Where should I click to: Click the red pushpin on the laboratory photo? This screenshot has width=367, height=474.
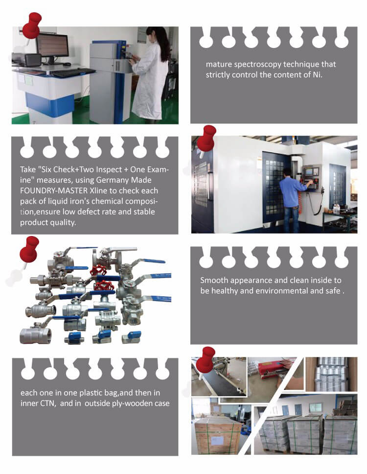click(x=31, y=25)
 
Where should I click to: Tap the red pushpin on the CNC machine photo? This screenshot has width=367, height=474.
click(x=206, y=138)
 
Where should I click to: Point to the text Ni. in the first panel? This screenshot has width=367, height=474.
click(x=317, y=74)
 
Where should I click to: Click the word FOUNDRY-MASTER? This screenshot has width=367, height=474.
click(x=54, y=191)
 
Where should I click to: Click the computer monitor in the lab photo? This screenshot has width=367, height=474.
click(x=52, y=46)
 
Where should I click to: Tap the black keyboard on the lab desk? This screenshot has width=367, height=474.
click(x=74, y=72)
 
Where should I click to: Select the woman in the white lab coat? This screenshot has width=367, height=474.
click(x=150, y=74)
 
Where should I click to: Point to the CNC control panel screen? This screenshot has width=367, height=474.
click(x=309, y=171)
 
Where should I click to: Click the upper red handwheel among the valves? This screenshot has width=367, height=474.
click(x=98, y=269)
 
